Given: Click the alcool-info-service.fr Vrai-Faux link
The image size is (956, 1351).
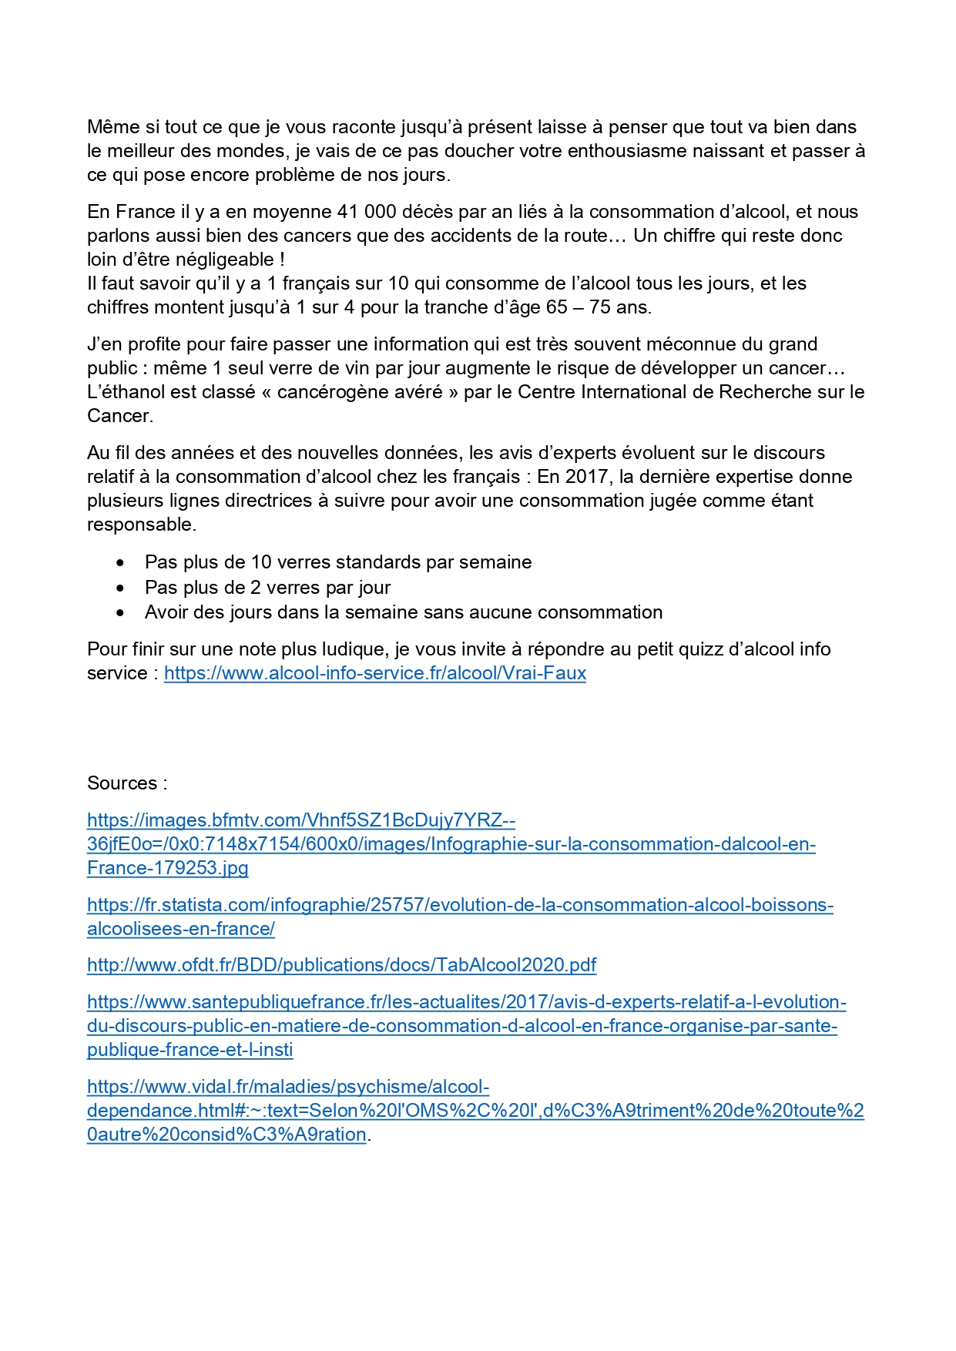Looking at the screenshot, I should coord(375,673).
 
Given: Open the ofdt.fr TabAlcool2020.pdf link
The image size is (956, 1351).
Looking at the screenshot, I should coord(341,965).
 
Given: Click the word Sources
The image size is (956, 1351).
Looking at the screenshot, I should coord(122,783).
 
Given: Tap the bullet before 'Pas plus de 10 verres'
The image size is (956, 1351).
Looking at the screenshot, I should coord(120,563).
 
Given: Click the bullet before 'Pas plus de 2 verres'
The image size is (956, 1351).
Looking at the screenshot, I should coord(120,588).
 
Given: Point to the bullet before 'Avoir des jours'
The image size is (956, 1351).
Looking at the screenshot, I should coord(120,613).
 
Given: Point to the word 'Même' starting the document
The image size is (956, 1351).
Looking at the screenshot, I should coord(110,127).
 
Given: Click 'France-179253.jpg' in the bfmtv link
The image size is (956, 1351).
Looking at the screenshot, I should coord(167,868).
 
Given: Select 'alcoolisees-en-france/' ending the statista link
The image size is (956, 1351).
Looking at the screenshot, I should coord(180,929).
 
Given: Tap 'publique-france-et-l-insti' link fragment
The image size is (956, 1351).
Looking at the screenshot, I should coord(190,1050).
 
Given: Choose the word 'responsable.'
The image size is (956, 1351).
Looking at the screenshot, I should coord(141,525).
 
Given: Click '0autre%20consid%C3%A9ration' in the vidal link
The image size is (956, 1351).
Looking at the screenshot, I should coord(226,1135).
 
